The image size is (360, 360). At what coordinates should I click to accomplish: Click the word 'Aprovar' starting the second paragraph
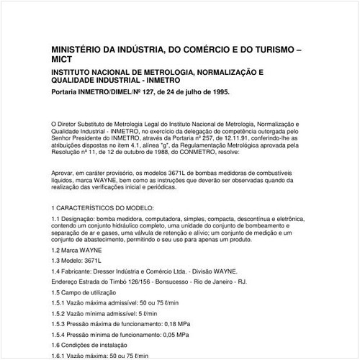click(x=65, y=173)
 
